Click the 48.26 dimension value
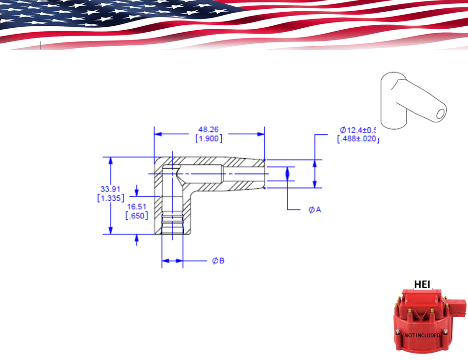pos(208,130)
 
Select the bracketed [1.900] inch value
pos(209,139)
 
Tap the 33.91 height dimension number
pos(111,189)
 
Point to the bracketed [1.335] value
pos(111,198)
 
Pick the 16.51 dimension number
pos(137,206)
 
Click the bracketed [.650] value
pos(137,216)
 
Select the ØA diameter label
pos(315,209)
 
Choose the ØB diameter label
pos(218,261)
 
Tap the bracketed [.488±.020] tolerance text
pos(358,139)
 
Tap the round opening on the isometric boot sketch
pos(441,113)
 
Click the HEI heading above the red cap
pos(422,284)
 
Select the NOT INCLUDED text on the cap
pos(422,335)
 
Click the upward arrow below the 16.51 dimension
pos(137,239)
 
